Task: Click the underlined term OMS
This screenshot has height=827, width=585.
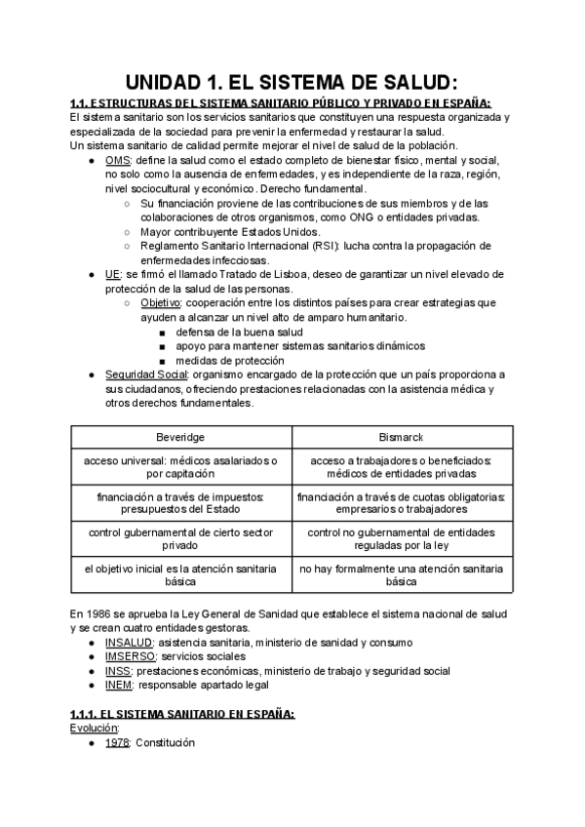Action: (x=117, y=160)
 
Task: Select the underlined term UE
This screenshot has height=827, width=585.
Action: (x=113, y=276)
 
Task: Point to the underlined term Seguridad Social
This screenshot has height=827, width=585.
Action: (x=145, y=374)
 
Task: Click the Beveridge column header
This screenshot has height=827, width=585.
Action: (x=180, y=436)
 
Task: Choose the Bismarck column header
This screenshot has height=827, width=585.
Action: (x=401, y=436)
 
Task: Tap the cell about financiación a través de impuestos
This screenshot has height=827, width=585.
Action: (x=180, y=502)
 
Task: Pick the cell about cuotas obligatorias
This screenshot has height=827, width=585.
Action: (x=401, y=502)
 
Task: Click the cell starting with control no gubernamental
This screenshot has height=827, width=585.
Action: (x=401, y=538)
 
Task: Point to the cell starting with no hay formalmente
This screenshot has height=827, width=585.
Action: (x=401, y=573)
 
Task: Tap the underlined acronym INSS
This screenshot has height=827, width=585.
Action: (x=119, y=671)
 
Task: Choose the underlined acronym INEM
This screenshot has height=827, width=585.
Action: (x=120, y=686)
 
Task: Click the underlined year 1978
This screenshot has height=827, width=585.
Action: (x=118, y=742)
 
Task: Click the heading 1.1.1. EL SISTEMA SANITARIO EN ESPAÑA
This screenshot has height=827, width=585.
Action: (x=183, y=714)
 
